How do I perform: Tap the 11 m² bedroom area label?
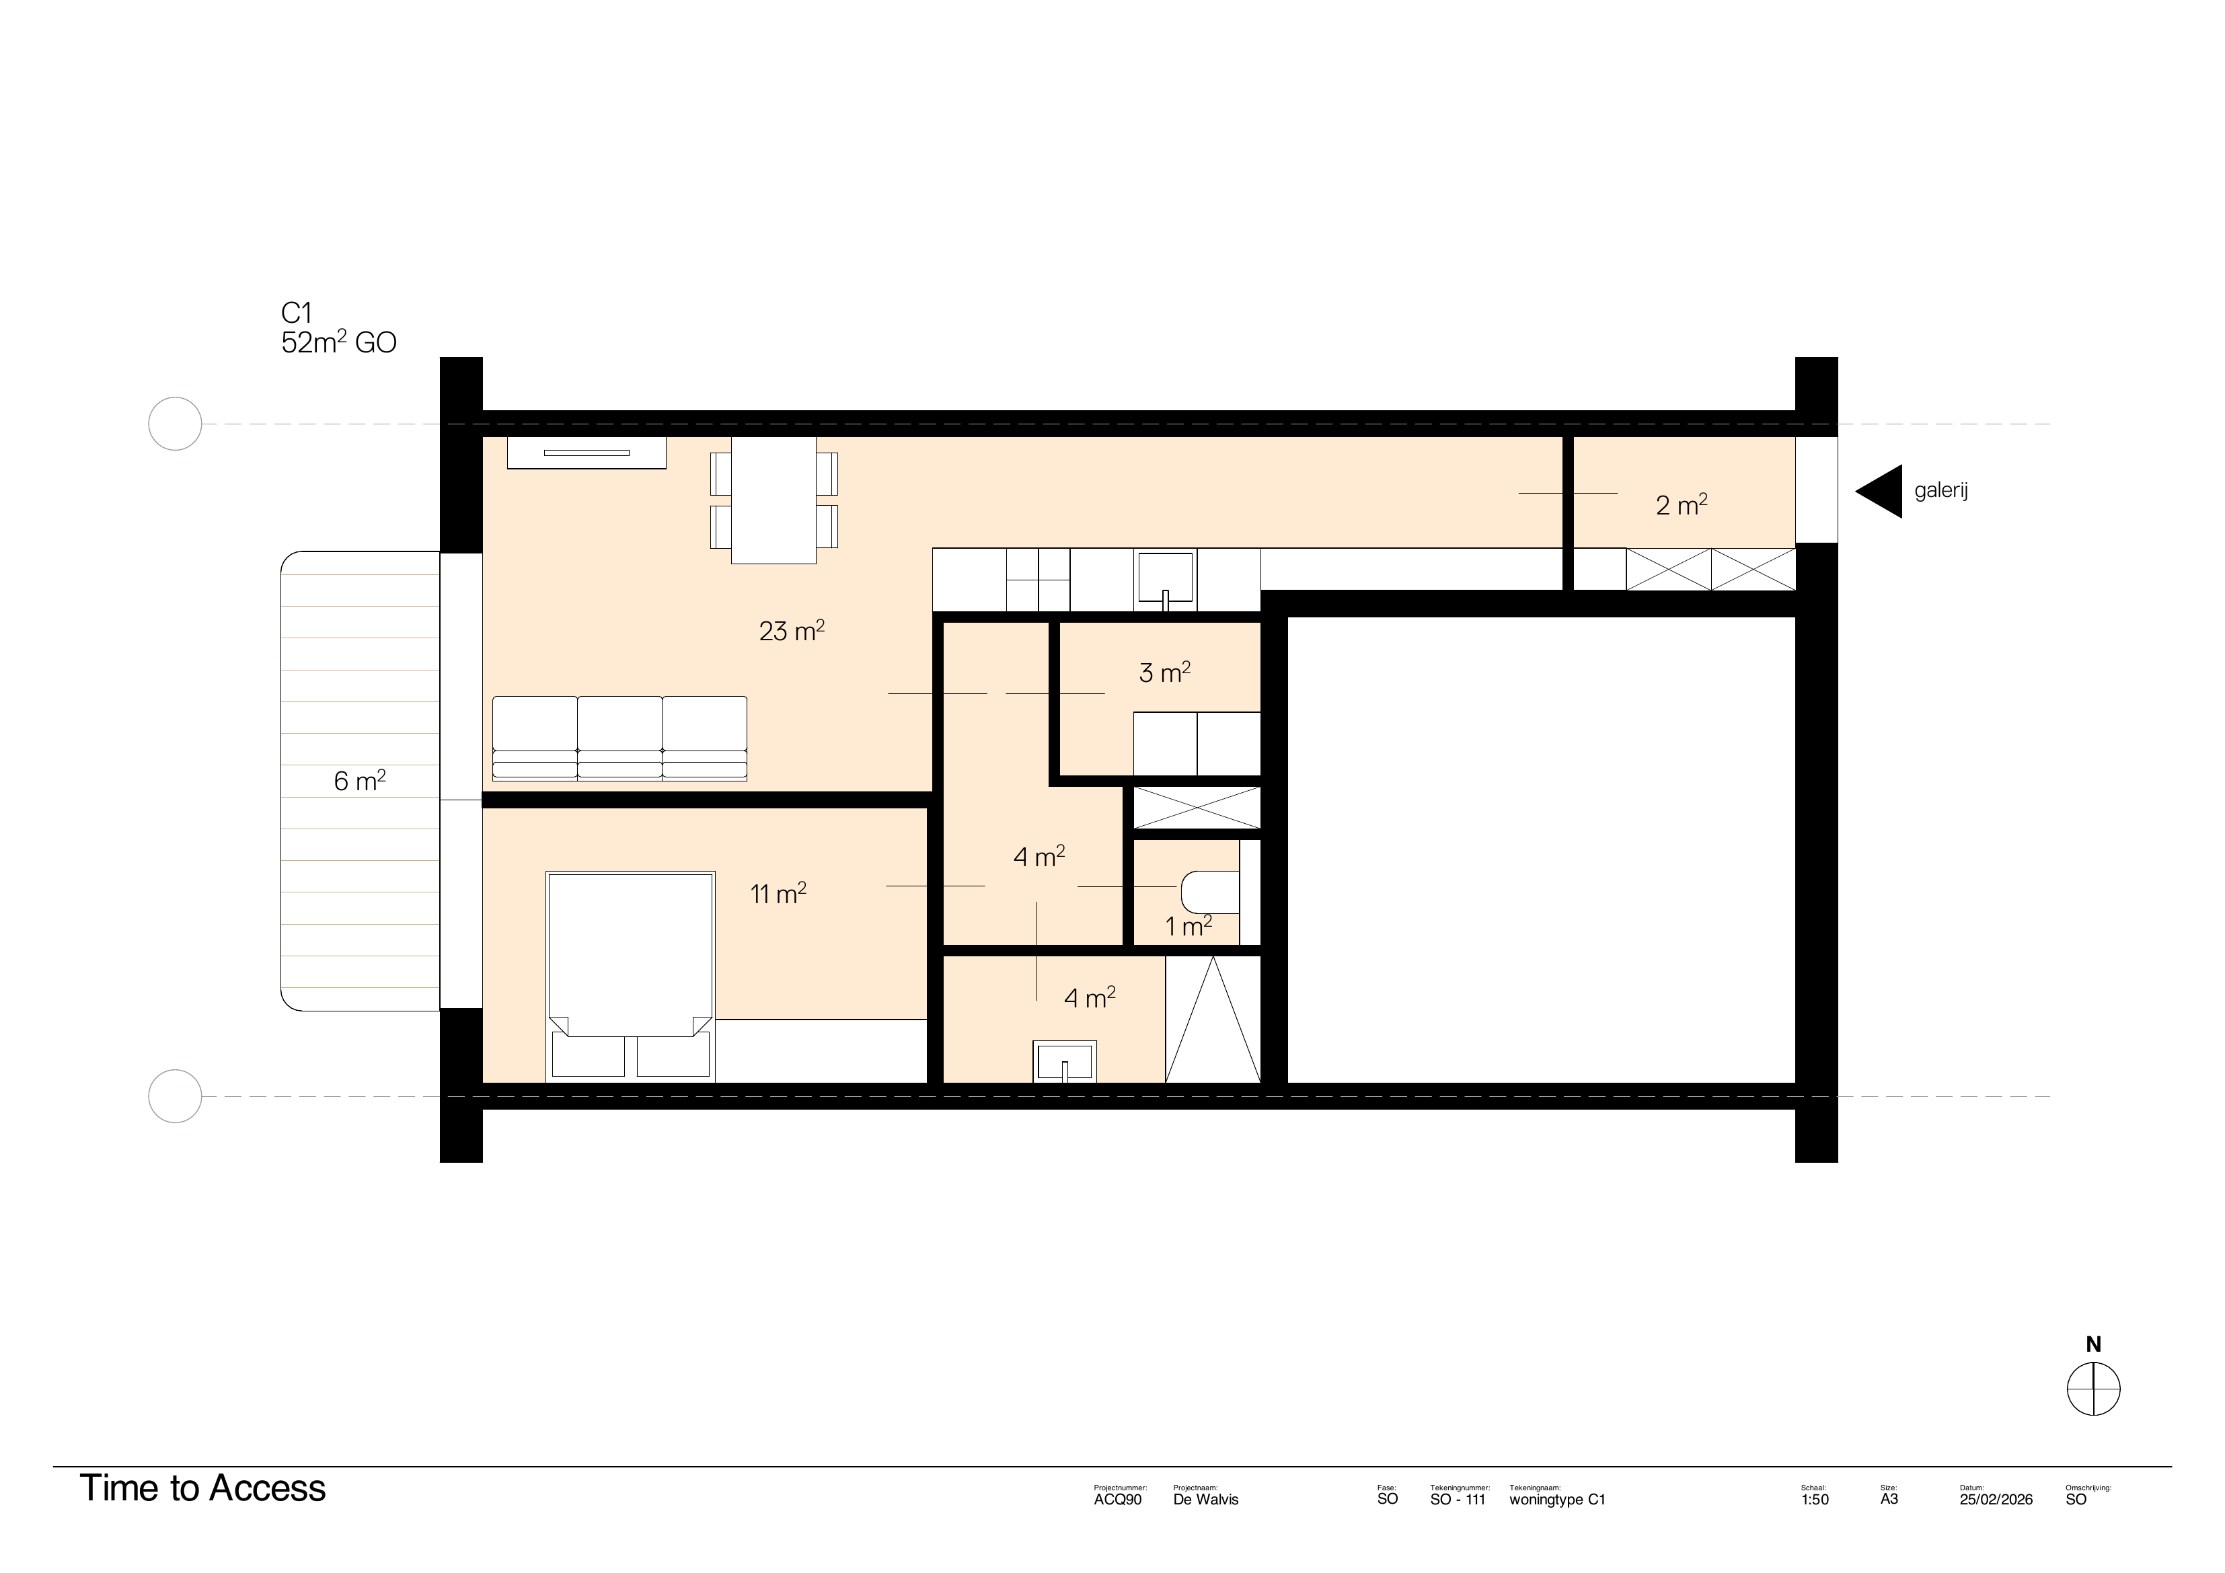(x=778, y=894)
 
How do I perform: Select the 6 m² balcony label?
(x=360, y=781)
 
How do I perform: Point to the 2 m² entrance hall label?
(x=1682, y=505)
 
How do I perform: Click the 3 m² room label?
(x=1164, y=673)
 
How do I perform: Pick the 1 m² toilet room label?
(x=1188, y=927)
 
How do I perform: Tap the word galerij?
(x=1941, y=490)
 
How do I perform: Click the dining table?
(x=774, y=500)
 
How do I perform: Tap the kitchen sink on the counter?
(x=1165, y=580)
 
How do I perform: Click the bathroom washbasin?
(x=1065, y=1061)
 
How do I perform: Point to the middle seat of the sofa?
(x=620, y=736)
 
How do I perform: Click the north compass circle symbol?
(x=2093, y=1389)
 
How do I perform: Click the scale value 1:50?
(x=1814, y=1499)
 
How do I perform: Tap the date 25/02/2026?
(x=1996, y=1499)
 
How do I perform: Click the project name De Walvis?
(x=1205, y=1499)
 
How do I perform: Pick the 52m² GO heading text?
(x=338, y=343)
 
